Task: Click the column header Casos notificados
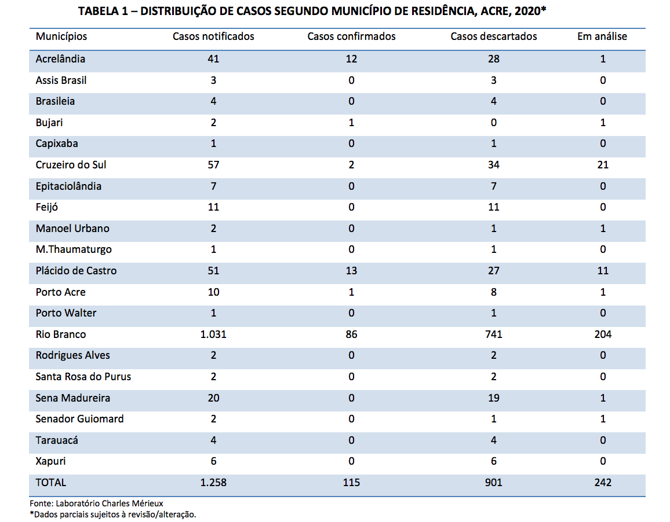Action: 213,36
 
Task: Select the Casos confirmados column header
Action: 351,36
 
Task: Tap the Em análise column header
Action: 602,36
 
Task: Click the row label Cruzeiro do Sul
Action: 71,165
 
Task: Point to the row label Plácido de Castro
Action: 76,271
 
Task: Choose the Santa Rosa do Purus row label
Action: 83,377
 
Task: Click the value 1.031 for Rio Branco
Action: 213,334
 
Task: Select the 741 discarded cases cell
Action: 494,334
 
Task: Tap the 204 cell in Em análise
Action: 603,334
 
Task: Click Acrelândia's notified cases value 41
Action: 213,59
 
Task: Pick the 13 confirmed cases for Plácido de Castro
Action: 351,271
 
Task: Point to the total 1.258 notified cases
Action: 213,482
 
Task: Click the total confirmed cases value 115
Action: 351,482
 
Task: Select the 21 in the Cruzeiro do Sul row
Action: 603,165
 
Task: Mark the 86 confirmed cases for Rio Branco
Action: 351,334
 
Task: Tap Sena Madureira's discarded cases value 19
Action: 494,398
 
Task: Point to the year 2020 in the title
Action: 527,11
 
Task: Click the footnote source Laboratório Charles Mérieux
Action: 110,503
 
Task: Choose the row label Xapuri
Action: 50,461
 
